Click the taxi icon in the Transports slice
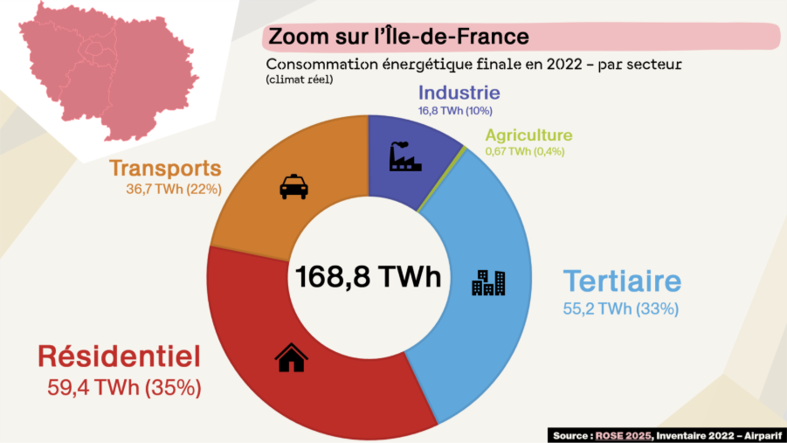pos(293,187)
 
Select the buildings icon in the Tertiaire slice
pos(488,282)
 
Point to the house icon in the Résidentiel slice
pos(291,356)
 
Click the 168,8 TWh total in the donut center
pos(368,277)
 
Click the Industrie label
pos(459,93)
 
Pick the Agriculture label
pos(528,135)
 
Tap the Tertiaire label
pos(621,282)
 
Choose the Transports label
pos(165,168)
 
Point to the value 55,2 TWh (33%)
pos(621,308)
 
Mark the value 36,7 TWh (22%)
pos(173,189)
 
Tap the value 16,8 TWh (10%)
pos(456,111)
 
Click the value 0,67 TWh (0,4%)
pos(525,151)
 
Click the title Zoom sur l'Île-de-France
pos(398,37)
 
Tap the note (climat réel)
pos(300,80)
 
